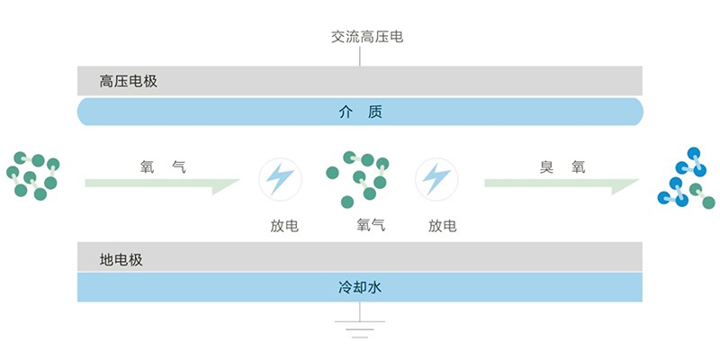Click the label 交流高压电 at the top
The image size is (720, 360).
click(x=360, y=37)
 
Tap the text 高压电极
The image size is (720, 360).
click(x=129, y=81)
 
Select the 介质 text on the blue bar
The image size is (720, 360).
click(x=360, y=112)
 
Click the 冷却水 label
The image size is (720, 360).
click(x=360, y=288)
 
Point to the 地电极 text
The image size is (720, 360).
click(x=121, y=260)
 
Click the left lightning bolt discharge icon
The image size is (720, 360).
click(x=280, y=179)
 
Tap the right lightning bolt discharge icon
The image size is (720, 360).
click(x=436, y=179)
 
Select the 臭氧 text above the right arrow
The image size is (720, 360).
click(x=562, y=166)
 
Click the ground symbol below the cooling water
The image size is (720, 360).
click(x=360, y=328)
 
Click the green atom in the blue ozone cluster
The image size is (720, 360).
click(x=708, y=202)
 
